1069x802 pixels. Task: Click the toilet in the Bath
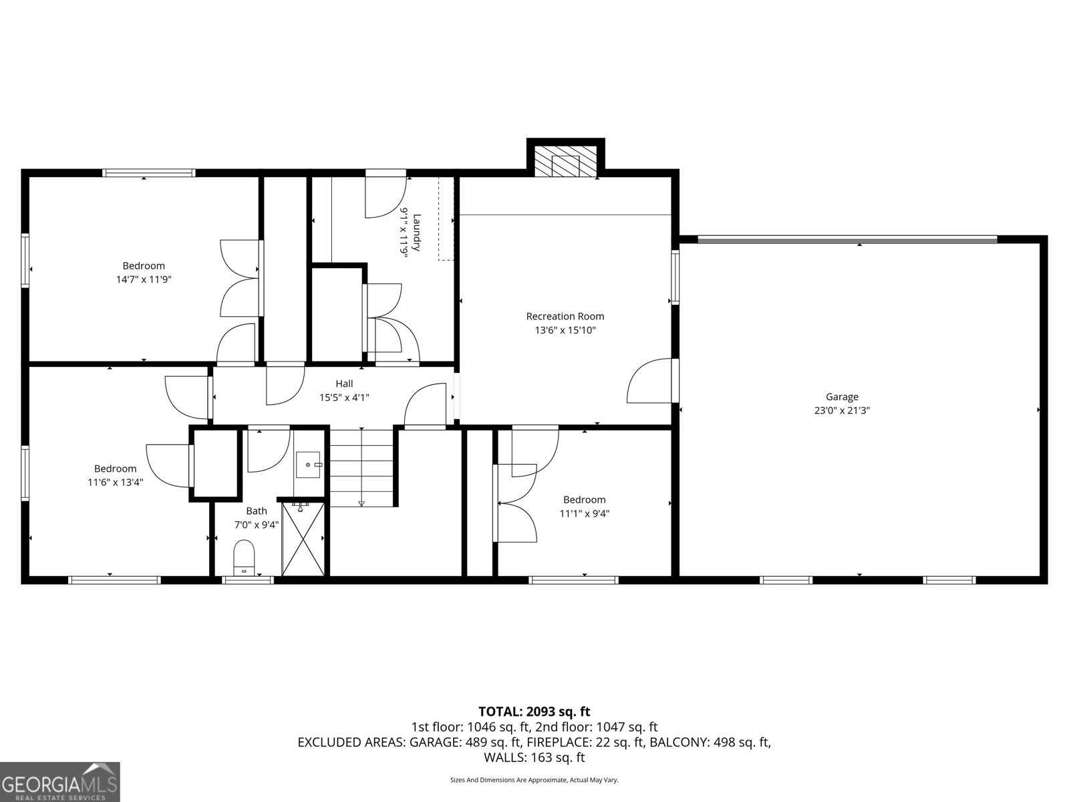pyautogui.click(x=244, y=557)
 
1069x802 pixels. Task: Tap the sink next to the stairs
pyautogui.click(x=309, y=464)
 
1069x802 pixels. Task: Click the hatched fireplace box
pyautogui.click(x=565, y=162)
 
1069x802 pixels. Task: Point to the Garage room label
pyautogui.click(x=842, y=397)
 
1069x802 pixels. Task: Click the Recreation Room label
pyautogui.click(x=565, y=316)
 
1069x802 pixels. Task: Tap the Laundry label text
pyautogui.click(x=416, y=233)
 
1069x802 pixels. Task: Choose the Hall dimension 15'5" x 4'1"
pyautogui.click(x=344, y=398)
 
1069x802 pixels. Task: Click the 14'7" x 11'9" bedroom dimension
pyautogui.click(x=144, y=279)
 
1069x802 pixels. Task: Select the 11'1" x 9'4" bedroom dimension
pyautogui.click(x=585, y=513)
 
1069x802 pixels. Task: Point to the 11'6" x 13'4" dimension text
pyautogui.click(x=116, y=483)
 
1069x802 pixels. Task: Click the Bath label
pyautogui.click(x=257, y=511)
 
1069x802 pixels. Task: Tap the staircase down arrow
pyautogui.click(x=361, y=467)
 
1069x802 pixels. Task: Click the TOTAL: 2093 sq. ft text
pyautogui.click(x=534, y=711)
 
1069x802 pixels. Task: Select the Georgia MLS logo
pyautogui.click(x=60, y=781)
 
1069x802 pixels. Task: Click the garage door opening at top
pyautogui.click(x=847, y=239)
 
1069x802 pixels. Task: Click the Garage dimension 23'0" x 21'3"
pyautogui.click(x=842, y=410)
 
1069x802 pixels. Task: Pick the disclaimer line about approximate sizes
pyautogui.click(x=534, y=780)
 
